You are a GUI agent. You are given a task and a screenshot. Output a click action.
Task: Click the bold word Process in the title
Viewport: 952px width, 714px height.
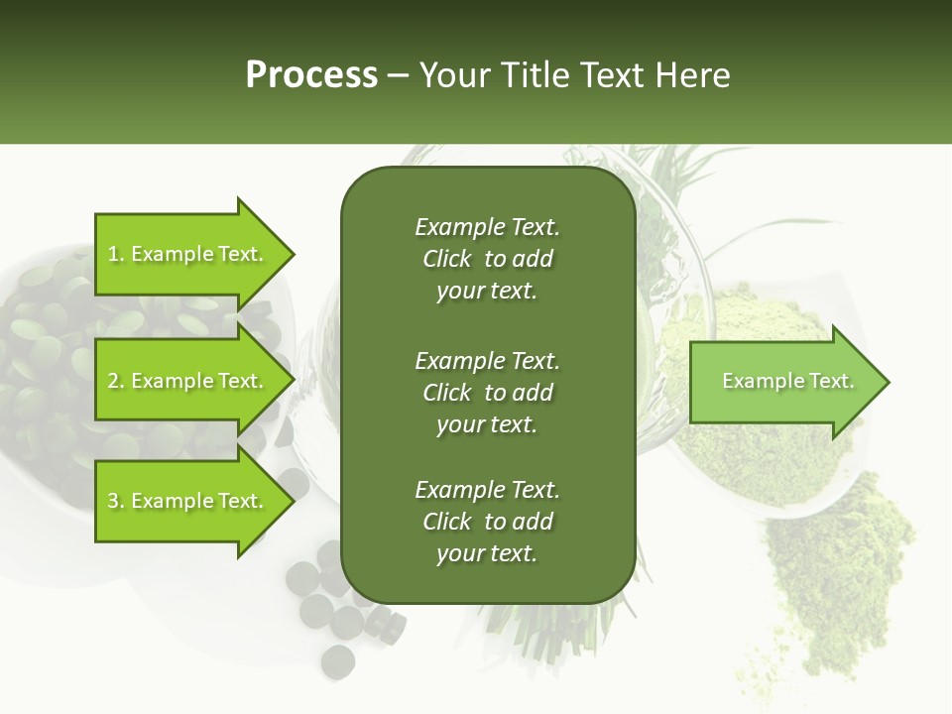coord(311,75)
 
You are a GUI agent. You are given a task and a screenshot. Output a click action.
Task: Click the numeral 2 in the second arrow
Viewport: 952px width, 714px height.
coord(113,381)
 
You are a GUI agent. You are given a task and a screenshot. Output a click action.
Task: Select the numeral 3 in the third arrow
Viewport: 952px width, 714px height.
coord(113,501)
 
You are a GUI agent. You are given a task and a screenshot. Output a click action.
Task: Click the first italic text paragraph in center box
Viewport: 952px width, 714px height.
coord(487,259)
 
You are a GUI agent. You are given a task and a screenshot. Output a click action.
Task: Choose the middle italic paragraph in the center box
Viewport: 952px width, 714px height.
coord(487,393)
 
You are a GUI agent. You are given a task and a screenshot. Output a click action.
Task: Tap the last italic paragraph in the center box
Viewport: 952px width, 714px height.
coord(487,522)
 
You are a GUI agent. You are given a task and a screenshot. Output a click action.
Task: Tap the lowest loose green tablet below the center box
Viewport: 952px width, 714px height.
coord(338,659)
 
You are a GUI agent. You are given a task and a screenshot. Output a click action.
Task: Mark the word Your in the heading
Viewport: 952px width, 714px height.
coord(452,75)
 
